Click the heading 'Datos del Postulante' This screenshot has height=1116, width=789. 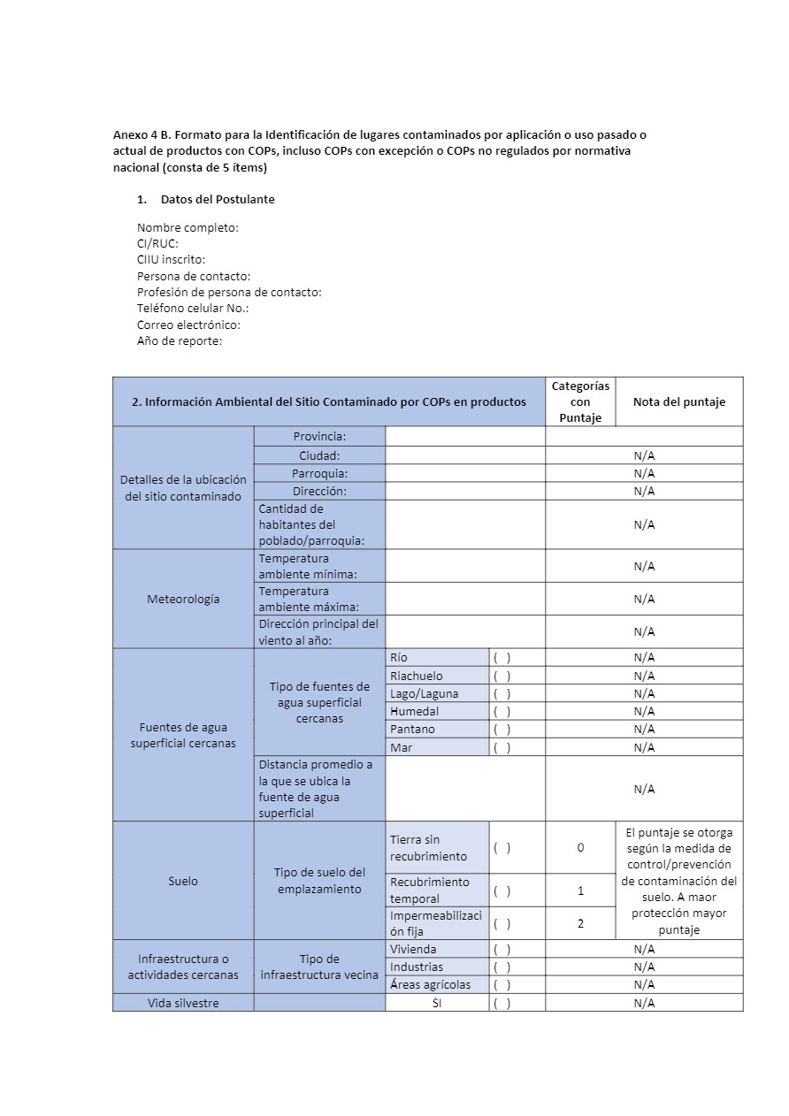[x=218, y=200]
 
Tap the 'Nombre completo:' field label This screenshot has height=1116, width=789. [x=188, y=228]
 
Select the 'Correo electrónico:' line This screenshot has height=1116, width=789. [x=188, y=325]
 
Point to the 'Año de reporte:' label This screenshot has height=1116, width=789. [x=180, y=341]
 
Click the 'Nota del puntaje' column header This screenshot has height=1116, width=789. [x=678, y=401]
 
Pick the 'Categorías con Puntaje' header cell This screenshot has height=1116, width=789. [x=580, y=401]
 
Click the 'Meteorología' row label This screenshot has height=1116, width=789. [x=183, y=599]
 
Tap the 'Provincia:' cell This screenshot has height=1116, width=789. [x=319, y=436]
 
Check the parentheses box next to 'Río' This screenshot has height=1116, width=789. [x=502, y=658]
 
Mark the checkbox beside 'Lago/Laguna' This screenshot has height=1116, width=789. [x=502, y=693]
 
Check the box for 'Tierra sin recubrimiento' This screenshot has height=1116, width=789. [x=502, y=847]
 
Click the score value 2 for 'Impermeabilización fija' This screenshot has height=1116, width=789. [x=580, y=923]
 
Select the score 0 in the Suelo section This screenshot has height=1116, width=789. [x=580, y=847]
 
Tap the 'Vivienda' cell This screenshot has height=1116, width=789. [x=413, y=949]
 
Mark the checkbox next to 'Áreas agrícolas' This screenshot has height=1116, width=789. [x=502, y=984]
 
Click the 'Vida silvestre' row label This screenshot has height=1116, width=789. [x=183, y=1003]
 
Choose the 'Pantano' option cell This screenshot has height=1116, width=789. [x=412, y=730]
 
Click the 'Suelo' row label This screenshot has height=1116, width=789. [x=183, y=881]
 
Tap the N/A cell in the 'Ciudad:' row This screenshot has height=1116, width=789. [x=644, y=455]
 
